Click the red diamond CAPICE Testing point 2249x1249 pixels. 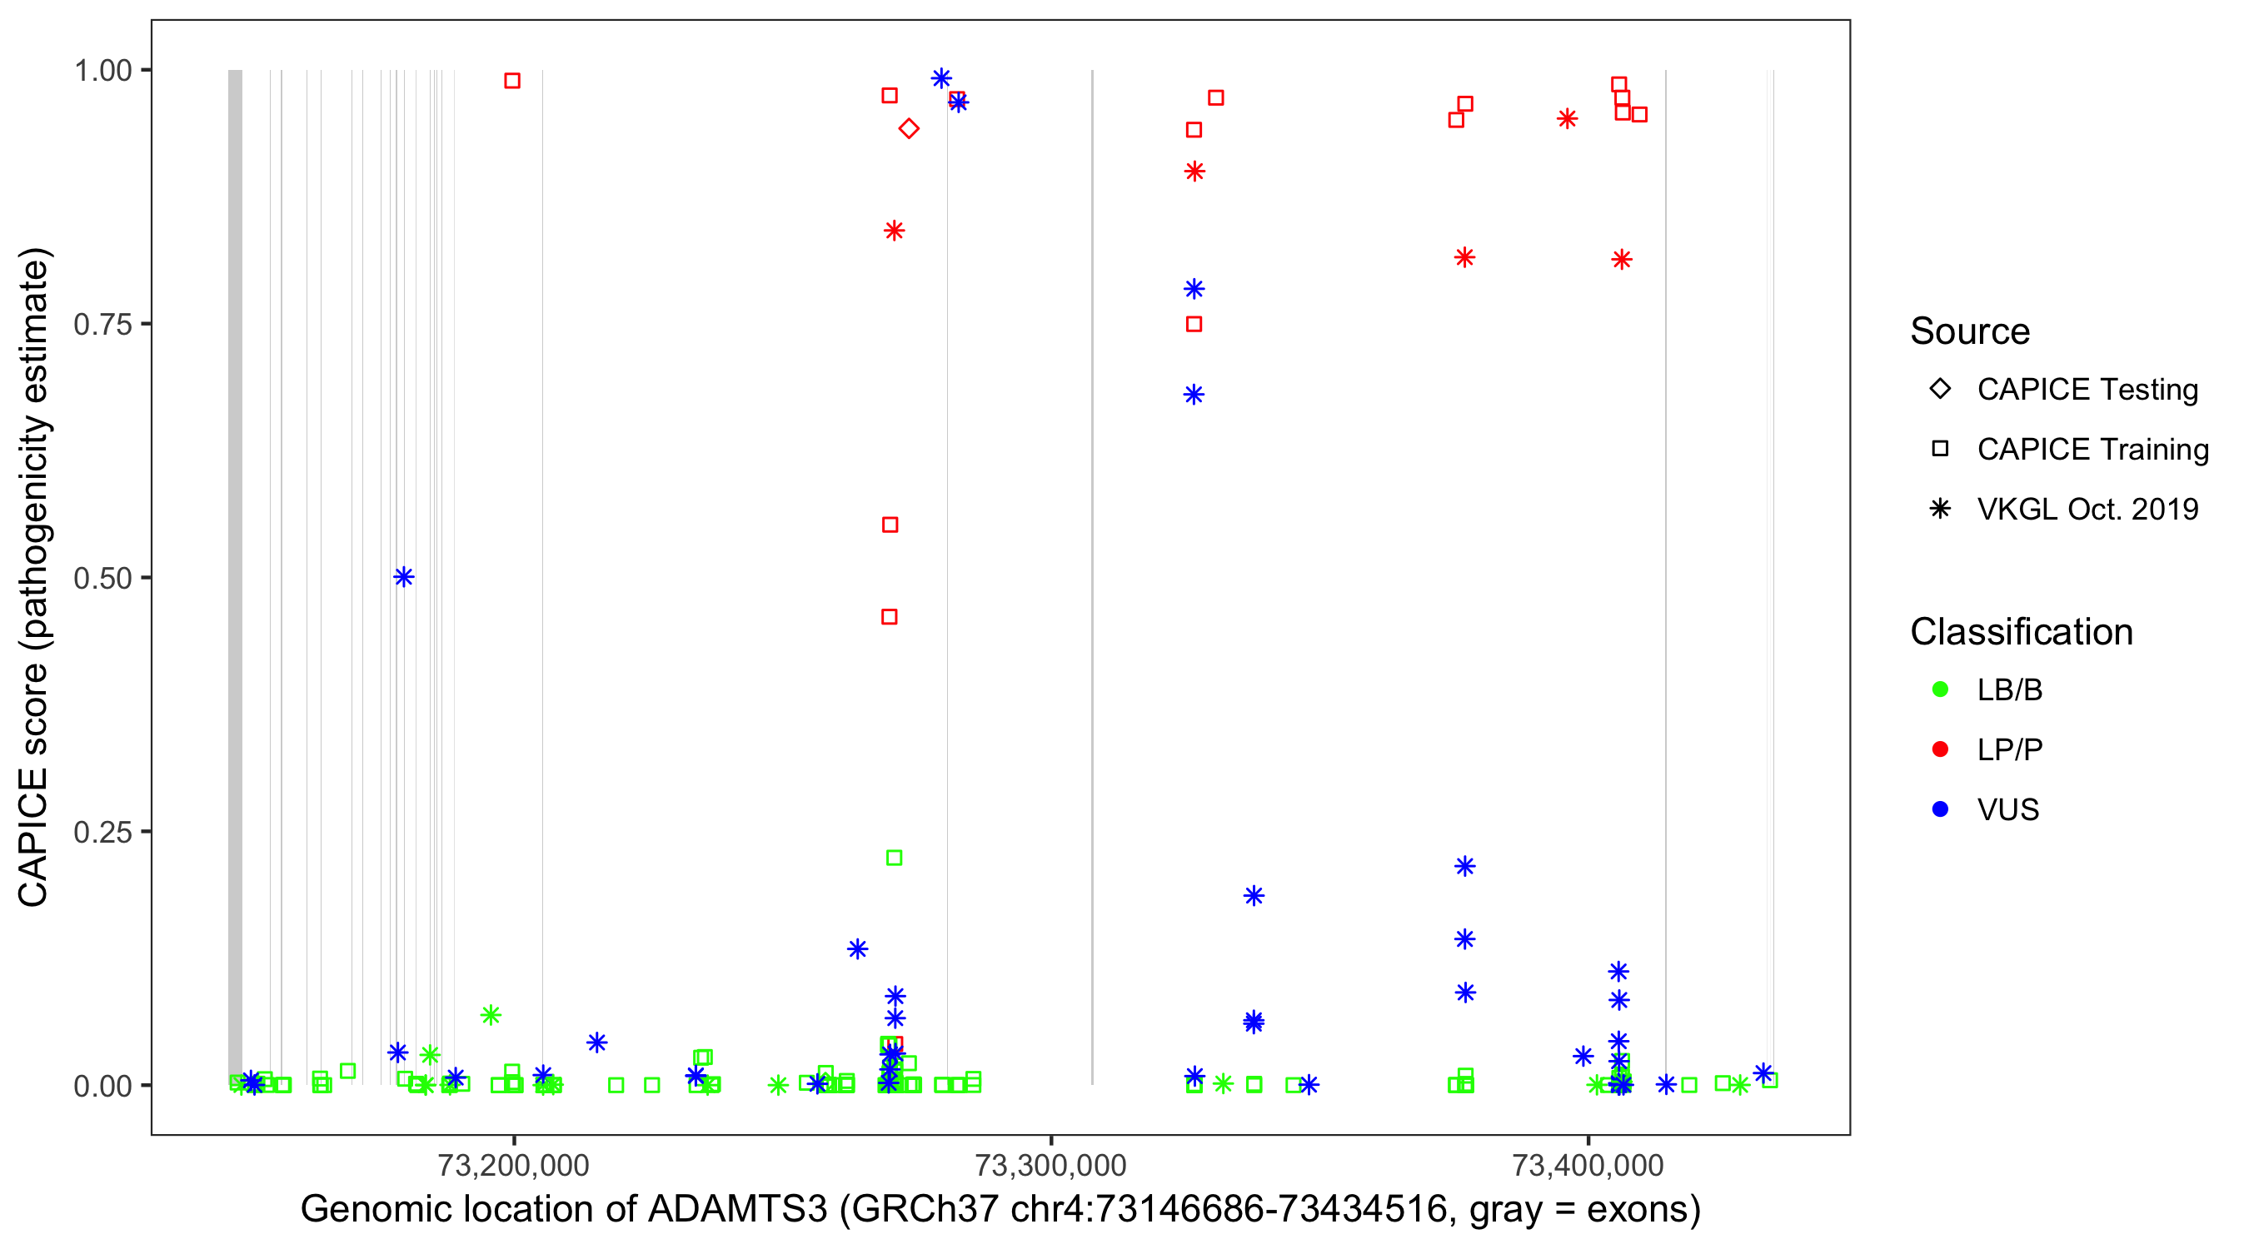click(909, 129)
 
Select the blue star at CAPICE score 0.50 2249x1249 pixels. click(403, 577)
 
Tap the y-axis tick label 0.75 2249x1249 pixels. click(102, 325)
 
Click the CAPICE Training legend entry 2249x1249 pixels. click(2092, 450)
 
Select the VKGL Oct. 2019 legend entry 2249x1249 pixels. click(2087, 510)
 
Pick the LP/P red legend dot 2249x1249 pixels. click(1941, 749)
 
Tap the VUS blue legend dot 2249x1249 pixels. click(1941, 810)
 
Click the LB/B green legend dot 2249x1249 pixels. click(1941, 689)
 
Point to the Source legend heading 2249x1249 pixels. click(1970, 331)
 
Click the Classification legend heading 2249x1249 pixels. click(2021, 632)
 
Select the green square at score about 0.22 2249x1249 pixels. click(894, 858)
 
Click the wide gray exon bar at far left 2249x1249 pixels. click(235, 576)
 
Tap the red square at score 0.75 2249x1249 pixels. click(1194, 325)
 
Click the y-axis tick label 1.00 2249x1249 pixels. click(102, 71)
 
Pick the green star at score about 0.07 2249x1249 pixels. click(491, 1014)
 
